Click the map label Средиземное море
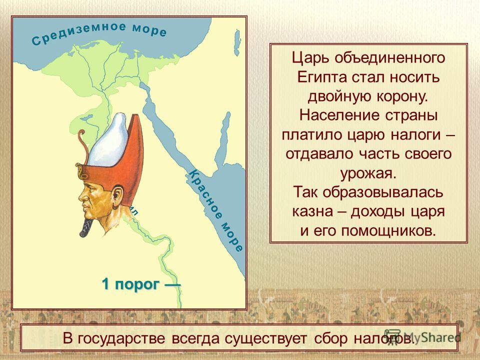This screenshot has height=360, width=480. coord(99,33)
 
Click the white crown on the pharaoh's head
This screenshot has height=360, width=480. coord(108,139)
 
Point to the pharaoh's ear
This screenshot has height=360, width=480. coord(117,195)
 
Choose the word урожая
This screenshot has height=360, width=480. coord(368,173)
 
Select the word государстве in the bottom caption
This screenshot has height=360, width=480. coord(121,339)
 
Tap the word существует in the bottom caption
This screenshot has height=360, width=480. coord(265,339)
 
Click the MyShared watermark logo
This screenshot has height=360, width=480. coord(422,337)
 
